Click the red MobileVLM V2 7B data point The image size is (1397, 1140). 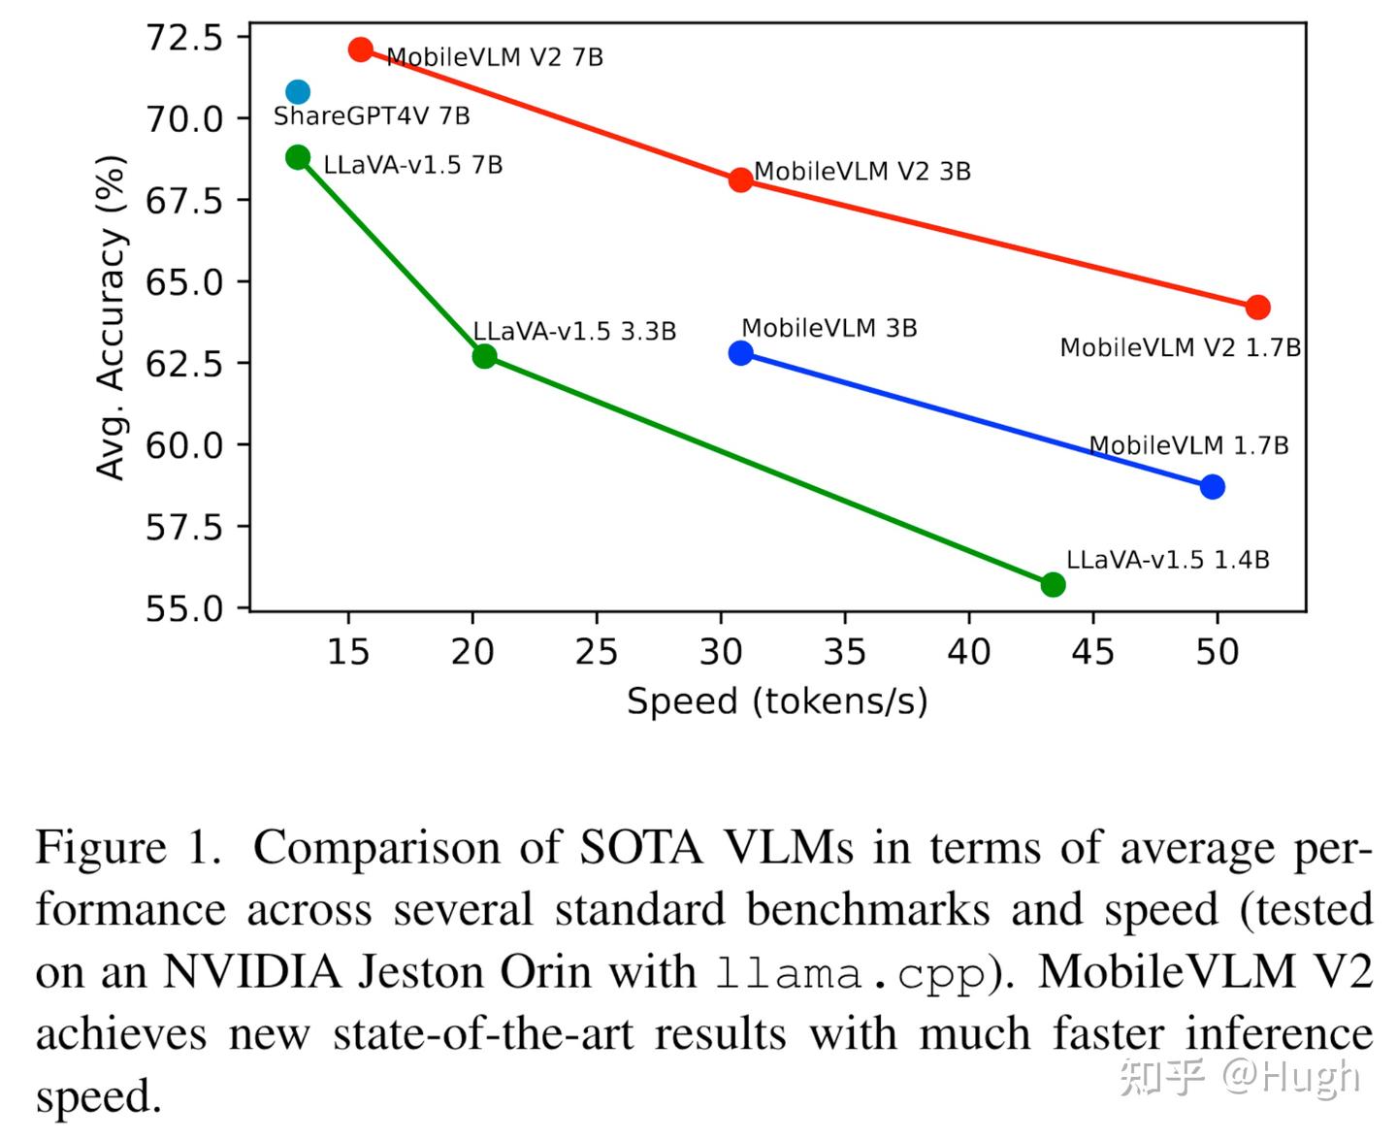pyautogui.click(x=361, y=49)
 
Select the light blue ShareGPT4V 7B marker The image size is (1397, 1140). pyautogui.click(x=298, y=92)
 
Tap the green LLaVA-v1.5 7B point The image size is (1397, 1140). pyautogui.click(x=298, y=157)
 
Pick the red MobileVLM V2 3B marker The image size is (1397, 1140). pyautogui.click(x=740, y=179)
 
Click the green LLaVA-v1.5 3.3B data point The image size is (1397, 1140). pyautogui.click(x=484, y=356)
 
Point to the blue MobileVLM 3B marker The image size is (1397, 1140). pyautogui.click(x=740, y=353)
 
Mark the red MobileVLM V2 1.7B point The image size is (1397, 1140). pyautogui.click(x=1257, y=308)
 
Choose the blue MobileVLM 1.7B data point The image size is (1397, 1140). pyautogui.click(x=1212, y=487)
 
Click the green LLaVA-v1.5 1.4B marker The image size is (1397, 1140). pyautogui.click(x=1053, y=584)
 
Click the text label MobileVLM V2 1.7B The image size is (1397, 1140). pyautogui.click(x=1180, y=348)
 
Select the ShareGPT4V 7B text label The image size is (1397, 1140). pyautogui.click(x=372, y=116)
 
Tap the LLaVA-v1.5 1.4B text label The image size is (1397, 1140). pyautogui.click(x=1167, y=560)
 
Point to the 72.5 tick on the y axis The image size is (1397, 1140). pyautogui.click(x=184, y=38)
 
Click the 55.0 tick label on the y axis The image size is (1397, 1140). pyautogui.click(x=184, y=608)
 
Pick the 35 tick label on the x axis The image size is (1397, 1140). pyautogui.click(x=844, y=652)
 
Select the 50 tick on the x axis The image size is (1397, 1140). pyautogui.click(x=1217, y=652)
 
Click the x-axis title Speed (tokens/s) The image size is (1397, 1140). pyautogui.click(x=777, y=700)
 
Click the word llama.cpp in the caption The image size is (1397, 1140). pyautogui.click(x=850, y=973)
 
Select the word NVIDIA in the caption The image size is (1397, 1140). pyautogui.click(x=252, y=972)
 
